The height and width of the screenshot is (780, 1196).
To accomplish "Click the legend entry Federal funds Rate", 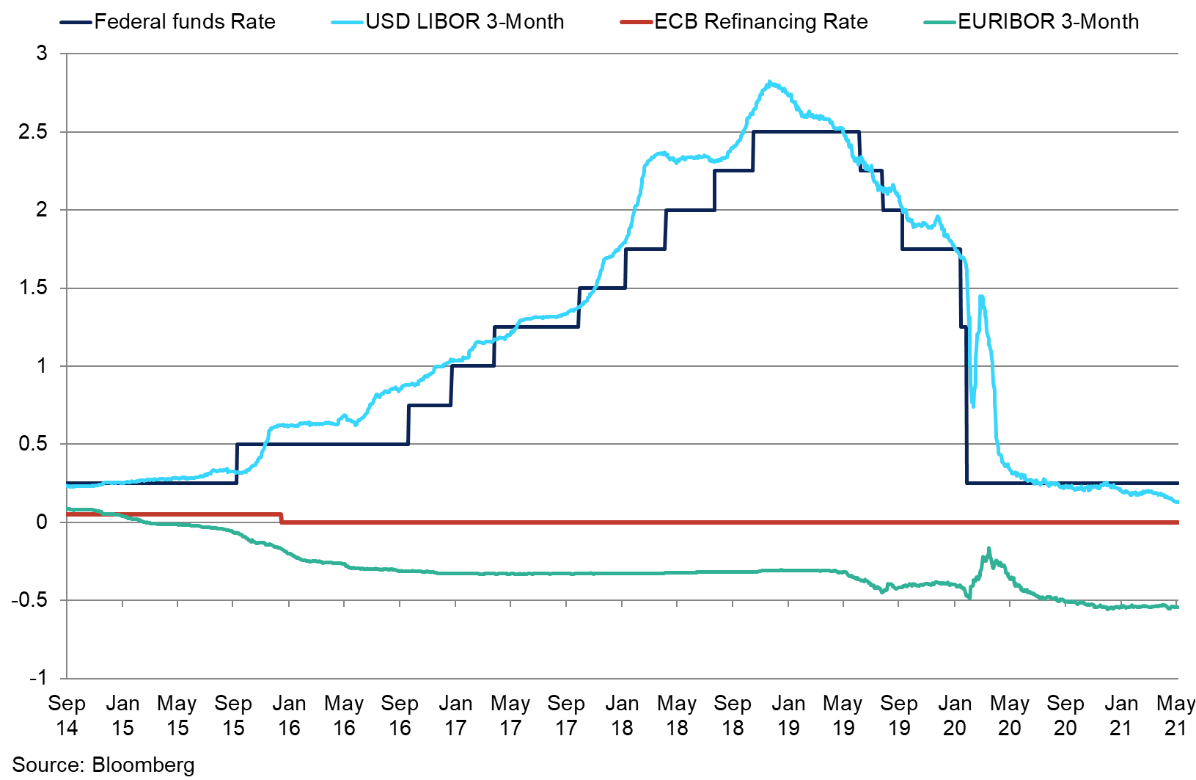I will tap(185, 22).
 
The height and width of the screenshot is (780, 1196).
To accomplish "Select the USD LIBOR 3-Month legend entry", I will tap(465, 22).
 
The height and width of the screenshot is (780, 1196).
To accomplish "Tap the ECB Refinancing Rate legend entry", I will tap(761, 22).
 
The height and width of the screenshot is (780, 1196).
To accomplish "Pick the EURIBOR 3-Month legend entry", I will tap(1049, 22).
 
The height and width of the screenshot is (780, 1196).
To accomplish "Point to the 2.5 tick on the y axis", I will tap(34, 132).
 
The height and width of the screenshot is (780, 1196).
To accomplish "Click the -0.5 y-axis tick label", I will tap(29, 600).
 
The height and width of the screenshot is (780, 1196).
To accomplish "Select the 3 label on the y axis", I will tap(42, 54).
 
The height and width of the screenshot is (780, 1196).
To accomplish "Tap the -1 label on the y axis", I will tap(37, 678).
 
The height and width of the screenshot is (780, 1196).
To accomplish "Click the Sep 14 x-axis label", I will tap(67, 715).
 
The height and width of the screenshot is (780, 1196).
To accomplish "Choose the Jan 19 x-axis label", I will tap(788, 715).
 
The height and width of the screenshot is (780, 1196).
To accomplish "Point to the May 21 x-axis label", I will tap(1175, 715).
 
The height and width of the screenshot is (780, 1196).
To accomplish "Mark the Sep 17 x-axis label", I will tap(566, 715).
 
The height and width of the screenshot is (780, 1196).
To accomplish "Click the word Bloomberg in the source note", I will tap(144, 765).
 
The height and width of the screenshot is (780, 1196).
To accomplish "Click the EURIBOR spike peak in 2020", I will tap(988, 548).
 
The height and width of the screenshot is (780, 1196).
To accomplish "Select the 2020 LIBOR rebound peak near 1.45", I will tap(981, 296).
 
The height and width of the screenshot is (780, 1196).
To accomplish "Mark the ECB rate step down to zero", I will tap(282, 519).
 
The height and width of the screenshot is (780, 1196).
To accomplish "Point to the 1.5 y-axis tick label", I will tap(34, 288).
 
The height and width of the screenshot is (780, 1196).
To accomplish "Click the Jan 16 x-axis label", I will tap(289, 715).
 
